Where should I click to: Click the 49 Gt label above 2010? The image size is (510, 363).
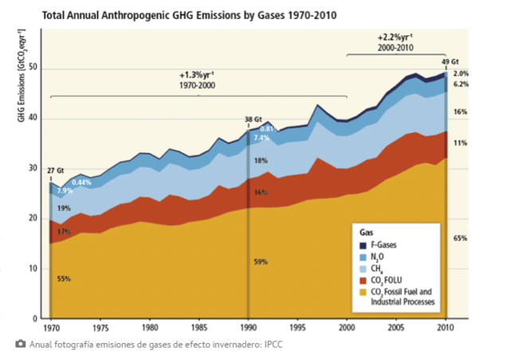point(450,61)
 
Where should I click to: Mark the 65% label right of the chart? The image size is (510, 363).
point(460,238)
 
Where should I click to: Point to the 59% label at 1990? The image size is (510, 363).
point(260,262)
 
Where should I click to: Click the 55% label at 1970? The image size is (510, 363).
point(64,279)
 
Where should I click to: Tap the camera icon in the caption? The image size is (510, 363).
point(20,344)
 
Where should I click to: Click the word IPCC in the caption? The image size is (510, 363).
point(273,345)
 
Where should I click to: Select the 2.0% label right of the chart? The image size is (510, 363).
point(461,73)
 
